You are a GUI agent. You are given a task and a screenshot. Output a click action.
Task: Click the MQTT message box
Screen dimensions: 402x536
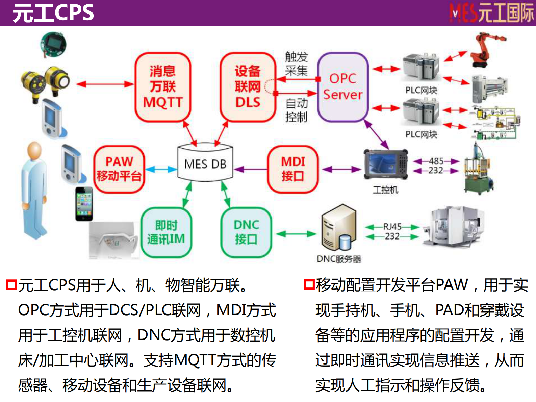point(163,87)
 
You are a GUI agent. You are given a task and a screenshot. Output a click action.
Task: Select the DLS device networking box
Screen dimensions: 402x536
point(248,87)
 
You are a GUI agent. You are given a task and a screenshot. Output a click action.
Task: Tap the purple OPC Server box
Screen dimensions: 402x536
point(342,87)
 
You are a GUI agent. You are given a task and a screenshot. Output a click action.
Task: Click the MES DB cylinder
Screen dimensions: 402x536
point(205,163)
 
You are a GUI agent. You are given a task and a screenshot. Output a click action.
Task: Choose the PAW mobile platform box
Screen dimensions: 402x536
point(119,169)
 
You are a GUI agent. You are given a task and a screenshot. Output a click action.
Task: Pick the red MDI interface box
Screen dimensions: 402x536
point(293,169)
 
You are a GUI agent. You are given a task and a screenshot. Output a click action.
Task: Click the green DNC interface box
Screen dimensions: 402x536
point(246,232)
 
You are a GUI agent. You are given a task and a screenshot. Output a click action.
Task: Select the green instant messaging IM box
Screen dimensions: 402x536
point(166,232)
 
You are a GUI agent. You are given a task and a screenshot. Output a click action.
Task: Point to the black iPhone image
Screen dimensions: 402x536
point(84,204)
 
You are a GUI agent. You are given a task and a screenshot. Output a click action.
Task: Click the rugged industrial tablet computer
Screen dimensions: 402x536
point(386,165)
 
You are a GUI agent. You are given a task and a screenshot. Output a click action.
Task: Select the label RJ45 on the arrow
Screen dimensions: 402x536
point(392,227)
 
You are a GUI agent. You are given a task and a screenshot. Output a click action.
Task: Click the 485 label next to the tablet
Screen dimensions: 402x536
point(436,161)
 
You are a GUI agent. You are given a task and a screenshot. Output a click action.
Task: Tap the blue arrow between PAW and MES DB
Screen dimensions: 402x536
point(161,169)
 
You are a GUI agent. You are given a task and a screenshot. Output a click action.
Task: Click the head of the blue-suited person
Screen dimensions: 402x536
point(35,151)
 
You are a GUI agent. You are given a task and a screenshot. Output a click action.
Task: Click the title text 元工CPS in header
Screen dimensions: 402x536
point(53,13)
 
